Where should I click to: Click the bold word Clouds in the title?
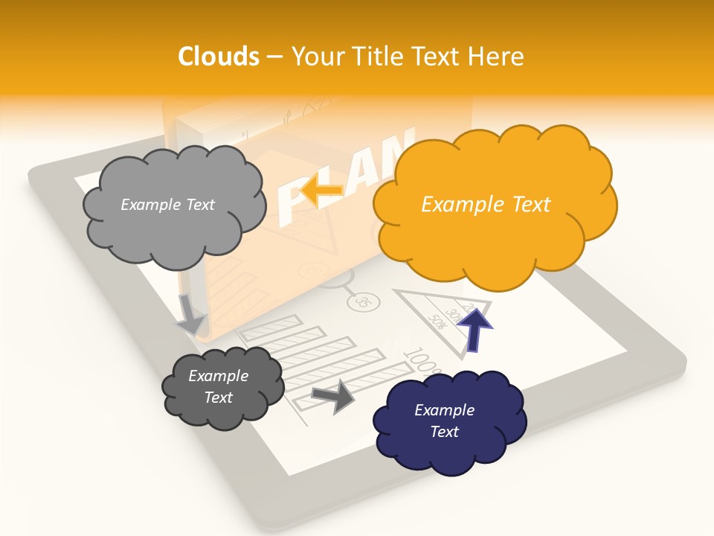pos(219,57)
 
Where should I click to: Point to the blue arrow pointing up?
pos(474,329)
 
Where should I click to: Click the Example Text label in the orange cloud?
pos(486,204)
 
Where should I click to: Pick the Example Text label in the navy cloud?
pos(444,421)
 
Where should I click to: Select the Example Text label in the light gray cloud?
pos(167,204)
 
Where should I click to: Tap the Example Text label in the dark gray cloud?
pos(218,386)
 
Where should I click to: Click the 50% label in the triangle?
pos(437,322)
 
